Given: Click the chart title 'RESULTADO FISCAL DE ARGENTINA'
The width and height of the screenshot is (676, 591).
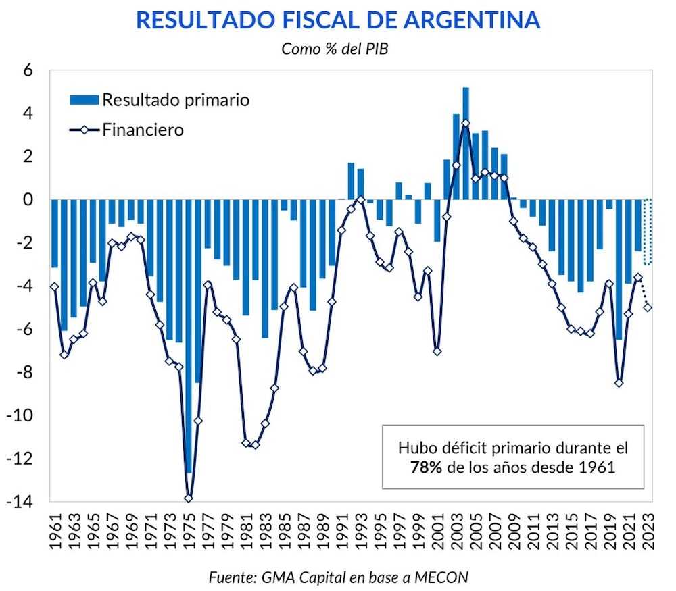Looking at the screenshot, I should (338, 20).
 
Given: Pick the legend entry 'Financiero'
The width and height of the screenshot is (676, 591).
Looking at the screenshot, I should (143, 129).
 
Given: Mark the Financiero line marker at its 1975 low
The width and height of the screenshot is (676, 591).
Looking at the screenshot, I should (189, 498).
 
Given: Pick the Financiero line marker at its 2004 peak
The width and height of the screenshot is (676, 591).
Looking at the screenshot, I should (466, 123).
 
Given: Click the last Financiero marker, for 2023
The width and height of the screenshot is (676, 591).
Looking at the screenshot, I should (648, 307).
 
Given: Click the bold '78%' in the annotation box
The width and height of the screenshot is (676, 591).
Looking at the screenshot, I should (426, 467).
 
